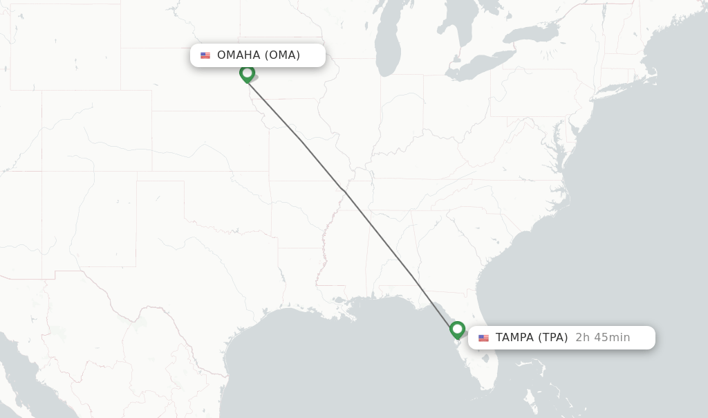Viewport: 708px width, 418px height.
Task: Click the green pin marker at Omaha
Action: pyautogui.click(x=247, y=73)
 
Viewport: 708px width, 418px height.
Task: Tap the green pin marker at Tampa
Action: pyautogui.click(x=457, y=329)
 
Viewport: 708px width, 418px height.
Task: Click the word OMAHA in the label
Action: pyautogui.click(x=239, y=55)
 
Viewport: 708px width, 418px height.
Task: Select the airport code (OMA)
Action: pyautogui.click(x=282, y=55)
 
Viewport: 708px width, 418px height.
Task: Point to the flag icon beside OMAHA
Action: pyautogui.click(x=205, y=55)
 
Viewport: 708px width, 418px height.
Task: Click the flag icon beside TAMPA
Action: pyautogui.click(x=483, y=338)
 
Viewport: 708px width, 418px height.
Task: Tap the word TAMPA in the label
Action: pyautogui.click(x=515, y=338)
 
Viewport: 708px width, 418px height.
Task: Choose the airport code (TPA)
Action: pyautogui.click(x=552, y=338)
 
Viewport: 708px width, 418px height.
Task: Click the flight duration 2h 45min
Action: pyautogui.click(x=602, y=338)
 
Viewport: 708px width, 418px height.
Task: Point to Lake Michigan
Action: pyautogui.click(x=387, y=48)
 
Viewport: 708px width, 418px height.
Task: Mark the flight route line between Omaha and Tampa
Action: pyautogui.click(x=346, y=194)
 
